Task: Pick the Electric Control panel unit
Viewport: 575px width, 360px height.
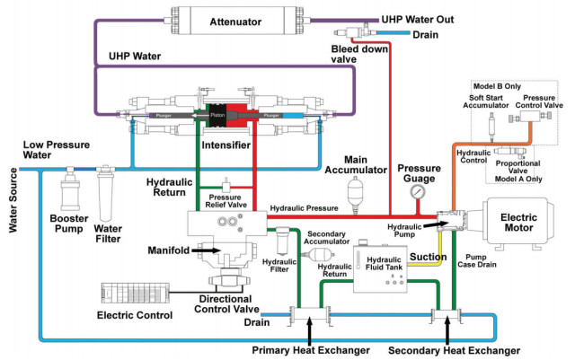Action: click(x=133, y=293)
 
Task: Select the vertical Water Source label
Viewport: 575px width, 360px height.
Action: click(x=12, y=201)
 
